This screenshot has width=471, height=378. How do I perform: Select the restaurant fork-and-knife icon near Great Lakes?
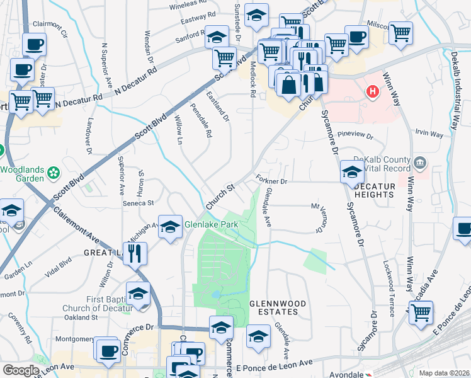[135, 254]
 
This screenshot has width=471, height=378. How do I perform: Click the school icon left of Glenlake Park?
[170, 227]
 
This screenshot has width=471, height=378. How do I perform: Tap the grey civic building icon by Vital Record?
[420, 164]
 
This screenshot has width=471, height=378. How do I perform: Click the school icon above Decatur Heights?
[352, 171]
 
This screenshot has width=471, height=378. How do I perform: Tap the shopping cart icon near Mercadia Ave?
[421, 312]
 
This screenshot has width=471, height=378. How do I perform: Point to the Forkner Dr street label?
[271, 181]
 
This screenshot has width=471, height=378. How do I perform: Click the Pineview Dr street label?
[356, 135]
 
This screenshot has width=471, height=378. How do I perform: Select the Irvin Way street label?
[429, 134]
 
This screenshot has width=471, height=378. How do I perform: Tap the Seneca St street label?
[138, 203]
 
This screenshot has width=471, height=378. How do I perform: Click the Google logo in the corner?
[21, 370]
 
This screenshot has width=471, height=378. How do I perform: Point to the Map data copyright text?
[444, 372]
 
